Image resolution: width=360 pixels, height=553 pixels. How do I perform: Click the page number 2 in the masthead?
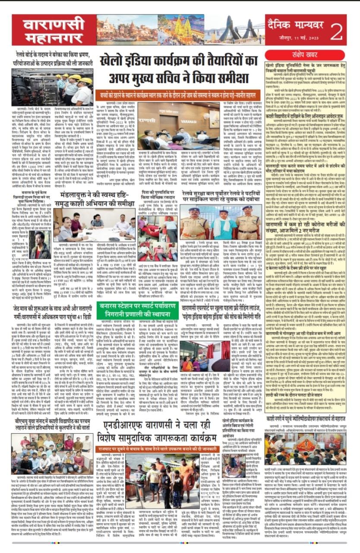tap(337, 30)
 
